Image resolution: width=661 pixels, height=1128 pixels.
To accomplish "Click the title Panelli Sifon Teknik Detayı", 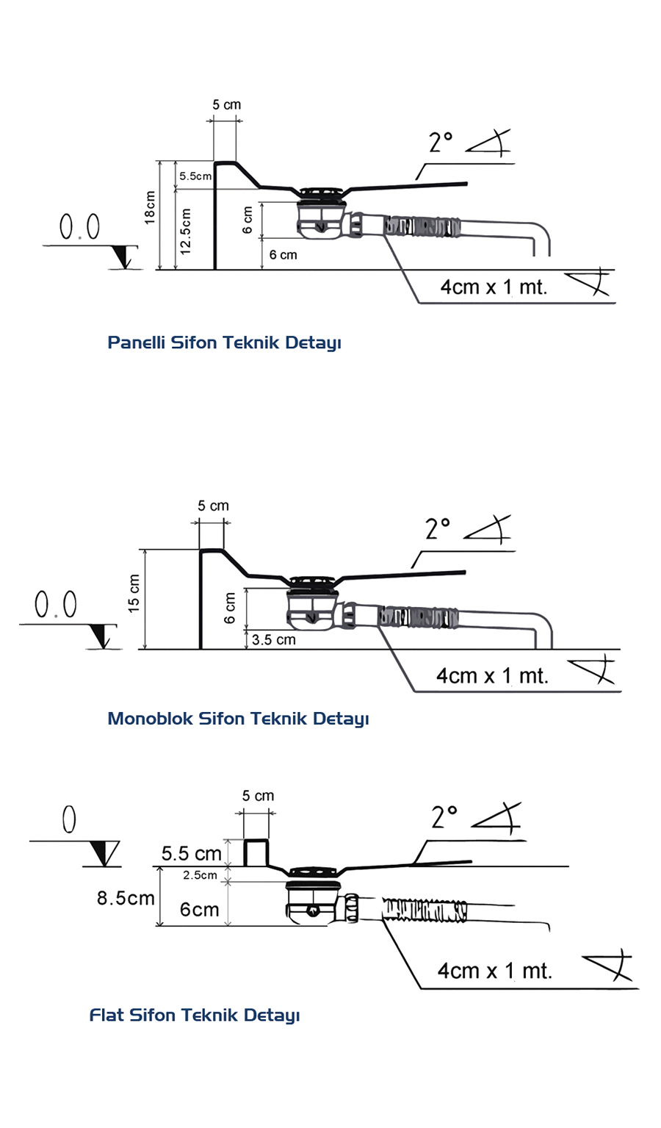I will tap(224, 342).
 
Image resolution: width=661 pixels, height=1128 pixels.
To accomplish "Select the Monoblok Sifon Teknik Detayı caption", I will tap(238, 718).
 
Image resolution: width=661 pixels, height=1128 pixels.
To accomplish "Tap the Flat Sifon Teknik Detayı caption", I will tap(195, 1015).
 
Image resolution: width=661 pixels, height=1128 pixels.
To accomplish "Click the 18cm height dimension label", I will tap(150, 208).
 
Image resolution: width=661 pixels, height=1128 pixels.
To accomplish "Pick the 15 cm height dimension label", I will tap(134, 593).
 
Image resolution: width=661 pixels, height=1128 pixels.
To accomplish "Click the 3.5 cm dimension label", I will tap(273, 639).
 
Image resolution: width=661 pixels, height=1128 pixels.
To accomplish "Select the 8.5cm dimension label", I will tap(126, 898).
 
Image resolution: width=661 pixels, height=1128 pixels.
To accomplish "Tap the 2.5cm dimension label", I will tap(200, 875).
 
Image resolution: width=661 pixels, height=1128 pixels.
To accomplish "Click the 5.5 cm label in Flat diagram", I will tap(191, 853).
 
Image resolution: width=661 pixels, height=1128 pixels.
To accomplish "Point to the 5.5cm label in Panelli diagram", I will tap(195, 176).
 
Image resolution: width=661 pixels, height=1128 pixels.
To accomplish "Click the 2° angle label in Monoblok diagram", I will tap(438, 528).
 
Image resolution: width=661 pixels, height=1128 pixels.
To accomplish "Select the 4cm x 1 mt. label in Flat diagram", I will tap(494, 971).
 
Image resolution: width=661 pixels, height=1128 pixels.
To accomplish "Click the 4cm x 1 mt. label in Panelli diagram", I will tap(494, 287).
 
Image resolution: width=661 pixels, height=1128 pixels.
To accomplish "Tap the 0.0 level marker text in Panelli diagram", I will tap(79, 227).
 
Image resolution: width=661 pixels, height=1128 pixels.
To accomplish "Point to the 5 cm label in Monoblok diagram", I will tap(213, 506).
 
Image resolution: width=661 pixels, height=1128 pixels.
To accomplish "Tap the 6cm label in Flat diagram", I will tap(199, 910).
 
